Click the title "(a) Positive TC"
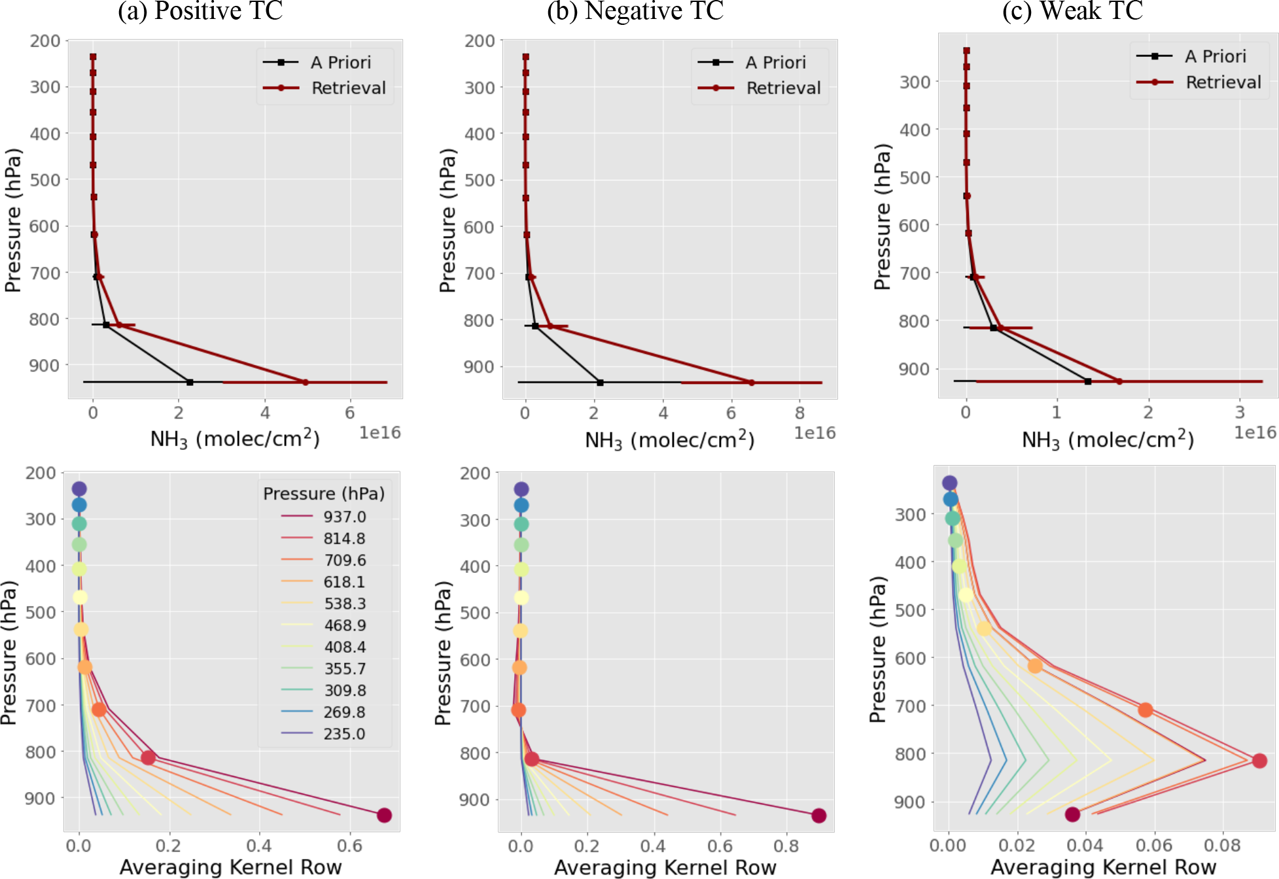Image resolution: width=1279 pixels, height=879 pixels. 200,11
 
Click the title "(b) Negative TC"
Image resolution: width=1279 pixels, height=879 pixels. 635,11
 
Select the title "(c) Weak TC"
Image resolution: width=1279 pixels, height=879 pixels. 1072,11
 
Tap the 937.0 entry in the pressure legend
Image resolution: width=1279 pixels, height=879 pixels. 344,517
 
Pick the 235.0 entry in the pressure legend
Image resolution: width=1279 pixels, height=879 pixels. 344,734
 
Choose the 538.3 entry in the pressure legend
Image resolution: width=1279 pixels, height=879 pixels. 344,604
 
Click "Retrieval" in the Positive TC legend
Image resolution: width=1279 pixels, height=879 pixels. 348,88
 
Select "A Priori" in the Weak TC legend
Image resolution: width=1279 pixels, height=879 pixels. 1215,56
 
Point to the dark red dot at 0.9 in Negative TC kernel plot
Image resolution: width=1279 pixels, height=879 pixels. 818,816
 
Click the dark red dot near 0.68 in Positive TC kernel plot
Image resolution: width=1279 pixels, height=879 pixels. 384,815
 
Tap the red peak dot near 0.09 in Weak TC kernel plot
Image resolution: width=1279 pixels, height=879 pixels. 1259,761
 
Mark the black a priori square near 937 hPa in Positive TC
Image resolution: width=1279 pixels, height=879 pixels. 190,382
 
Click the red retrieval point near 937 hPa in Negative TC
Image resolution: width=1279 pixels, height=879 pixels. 751,383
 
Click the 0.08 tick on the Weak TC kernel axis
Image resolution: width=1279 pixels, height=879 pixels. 1222,845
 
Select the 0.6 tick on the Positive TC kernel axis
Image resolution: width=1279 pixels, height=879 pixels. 349,845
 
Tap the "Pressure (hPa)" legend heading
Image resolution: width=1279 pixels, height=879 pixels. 324,493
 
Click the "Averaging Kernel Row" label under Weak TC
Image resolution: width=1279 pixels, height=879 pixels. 1103,867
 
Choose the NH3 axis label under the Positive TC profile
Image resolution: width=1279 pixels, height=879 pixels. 235,439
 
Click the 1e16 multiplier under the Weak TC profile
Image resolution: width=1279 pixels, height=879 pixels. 1255,432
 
